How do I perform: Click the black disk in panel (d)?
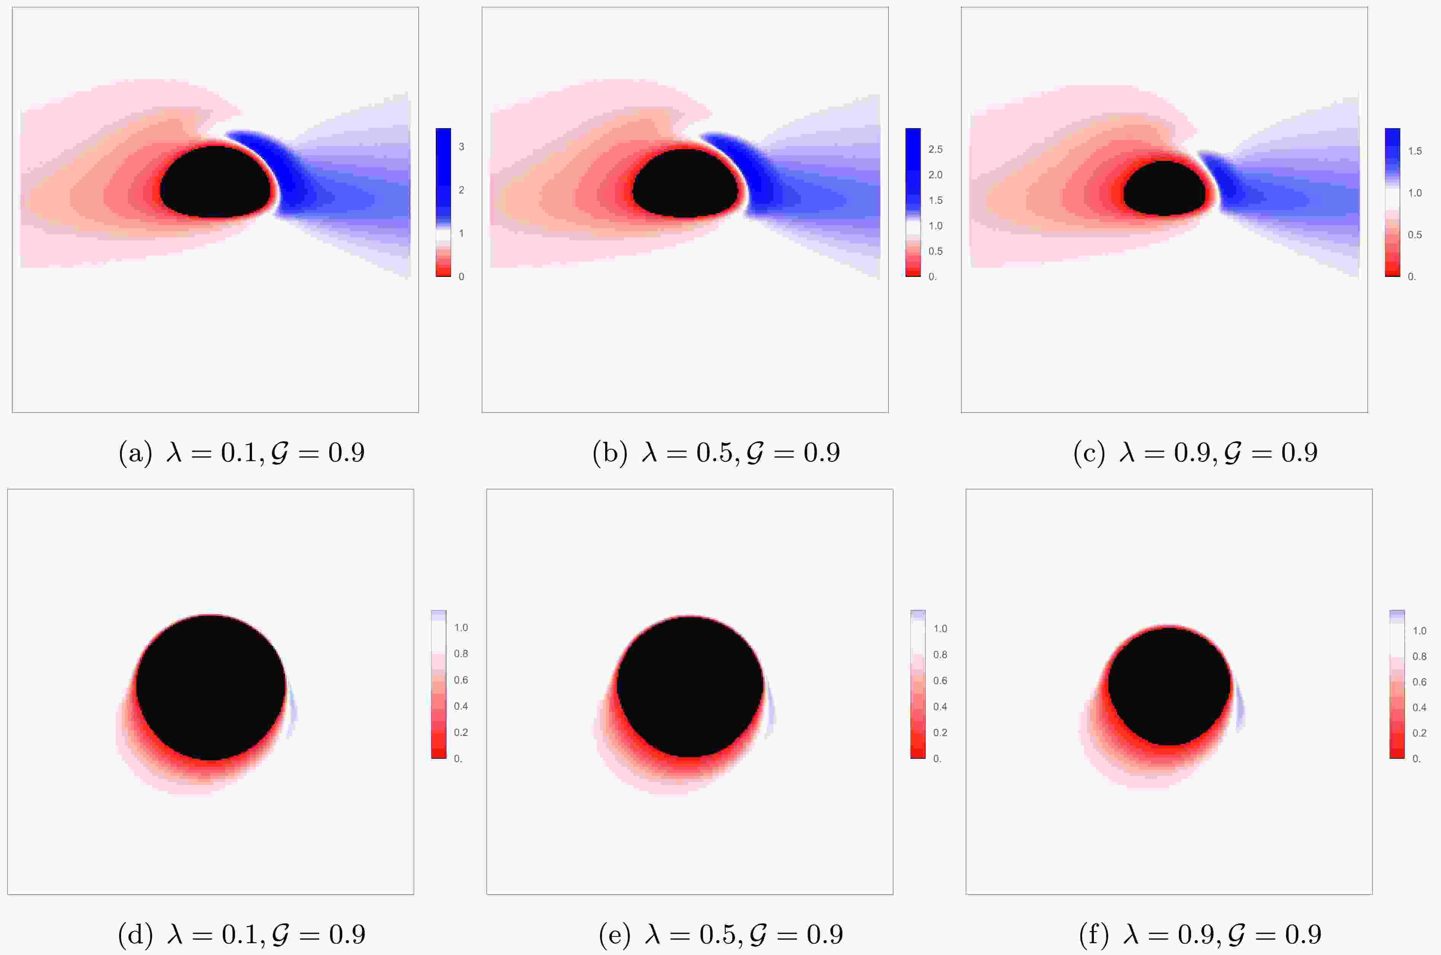pyautogui.click(x=210, y=687)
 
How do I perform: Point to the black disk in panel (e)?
pyautogui.click(x=689, y=686)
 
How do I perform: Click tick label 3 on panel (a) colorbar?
pyautogui.click(x=461, y=147)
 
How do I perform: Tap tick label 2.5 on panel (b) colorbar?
pyautogui.click(x=935, y=149)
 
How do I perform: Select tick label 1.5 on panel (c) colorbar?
pyautogui.click(x=1414, y=151)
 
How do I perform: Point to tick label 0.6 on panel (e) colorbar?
pyautogui.click(x=940, y=681)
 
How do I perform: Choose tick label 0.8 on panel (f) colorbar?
pyautogui.click(x=1419, y=656)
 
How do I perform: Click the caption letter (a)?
pyautogui.click(x=135, y=453)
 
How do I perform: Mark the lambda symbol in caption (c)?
pyautogui.click(x=1127, y=453)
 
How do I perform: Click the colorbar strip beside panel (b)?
pyautogui.click(x=912, y=202)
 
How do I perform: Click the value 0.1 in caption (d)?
pyautogui.click(x=242, y=935)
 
